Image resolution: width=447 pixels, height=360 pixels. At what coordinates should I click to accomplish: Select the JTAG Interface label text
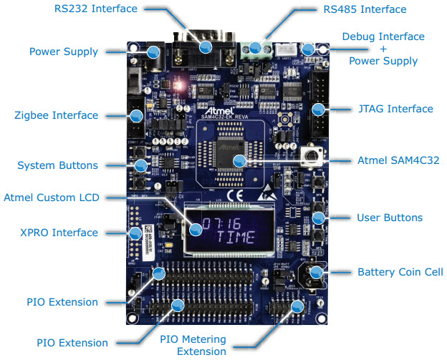pyautogui.click(x=395, y=109)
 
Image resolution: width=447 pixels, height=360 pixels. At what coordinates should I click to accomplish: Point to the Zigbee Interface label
pyautogui.click(x=57, y=115)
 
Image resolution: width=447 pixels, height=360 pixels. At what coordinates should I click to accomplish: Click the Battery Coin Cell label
pyautogui.click(x=400, y=272)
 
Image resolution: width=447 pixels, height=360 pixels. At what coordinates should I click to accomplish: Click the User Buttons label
pyautogui.click(x=390, y=217)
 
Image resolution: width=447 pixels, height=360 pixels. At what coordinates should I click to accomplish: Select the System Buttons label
pyautogui.click(x=57, y=165)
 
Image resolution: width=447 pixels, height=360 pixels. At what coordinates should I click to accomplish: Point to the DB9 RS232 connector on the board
pyautogui.click(x=205, y=43)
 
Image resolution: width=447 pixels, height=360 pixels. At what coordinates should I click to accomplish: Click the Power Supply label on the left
pyautogui.click(x=63, y=52)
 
